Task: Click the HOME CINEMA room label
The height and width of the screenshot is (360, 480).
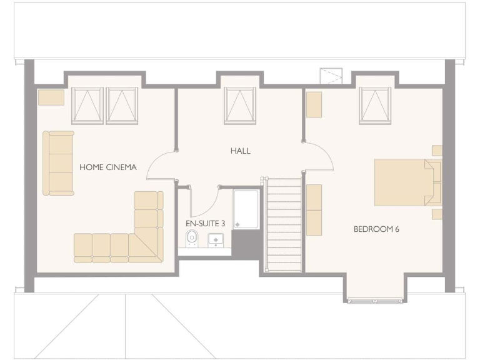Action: pos(107,167)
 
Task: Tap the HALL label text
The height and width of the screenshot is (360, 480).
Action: pos(240,151)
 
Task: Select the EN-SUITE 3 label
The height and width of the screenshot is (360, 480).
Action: pos(205,222)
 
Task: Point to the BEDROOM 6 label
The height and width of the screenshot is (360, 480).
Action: pos(376,229)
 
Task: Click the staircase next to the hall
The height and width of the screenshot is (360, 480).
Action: pos(284,224)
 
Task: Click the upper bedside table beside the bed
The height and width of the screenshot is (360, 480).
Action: pos(437,150)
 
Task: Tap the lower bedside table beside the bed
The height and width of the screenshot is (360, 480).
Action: pos(437,214)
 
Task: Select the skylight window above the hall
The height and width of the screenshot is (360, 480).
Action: pos(240,106)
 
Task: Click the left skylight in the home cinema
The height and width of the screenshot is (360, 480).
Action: pos(87,106)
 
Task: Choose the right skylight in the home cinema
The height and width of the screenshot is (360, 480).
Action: pos(121,106)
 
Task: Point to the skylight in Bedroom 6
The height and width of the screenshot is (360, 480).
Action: pos(375,106)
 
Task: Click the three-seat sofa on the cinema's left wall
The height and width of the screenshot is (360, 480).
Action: pos(58,163)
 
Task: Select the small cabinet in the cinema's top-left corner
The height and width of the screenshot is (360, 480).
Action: pos(51,97)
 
